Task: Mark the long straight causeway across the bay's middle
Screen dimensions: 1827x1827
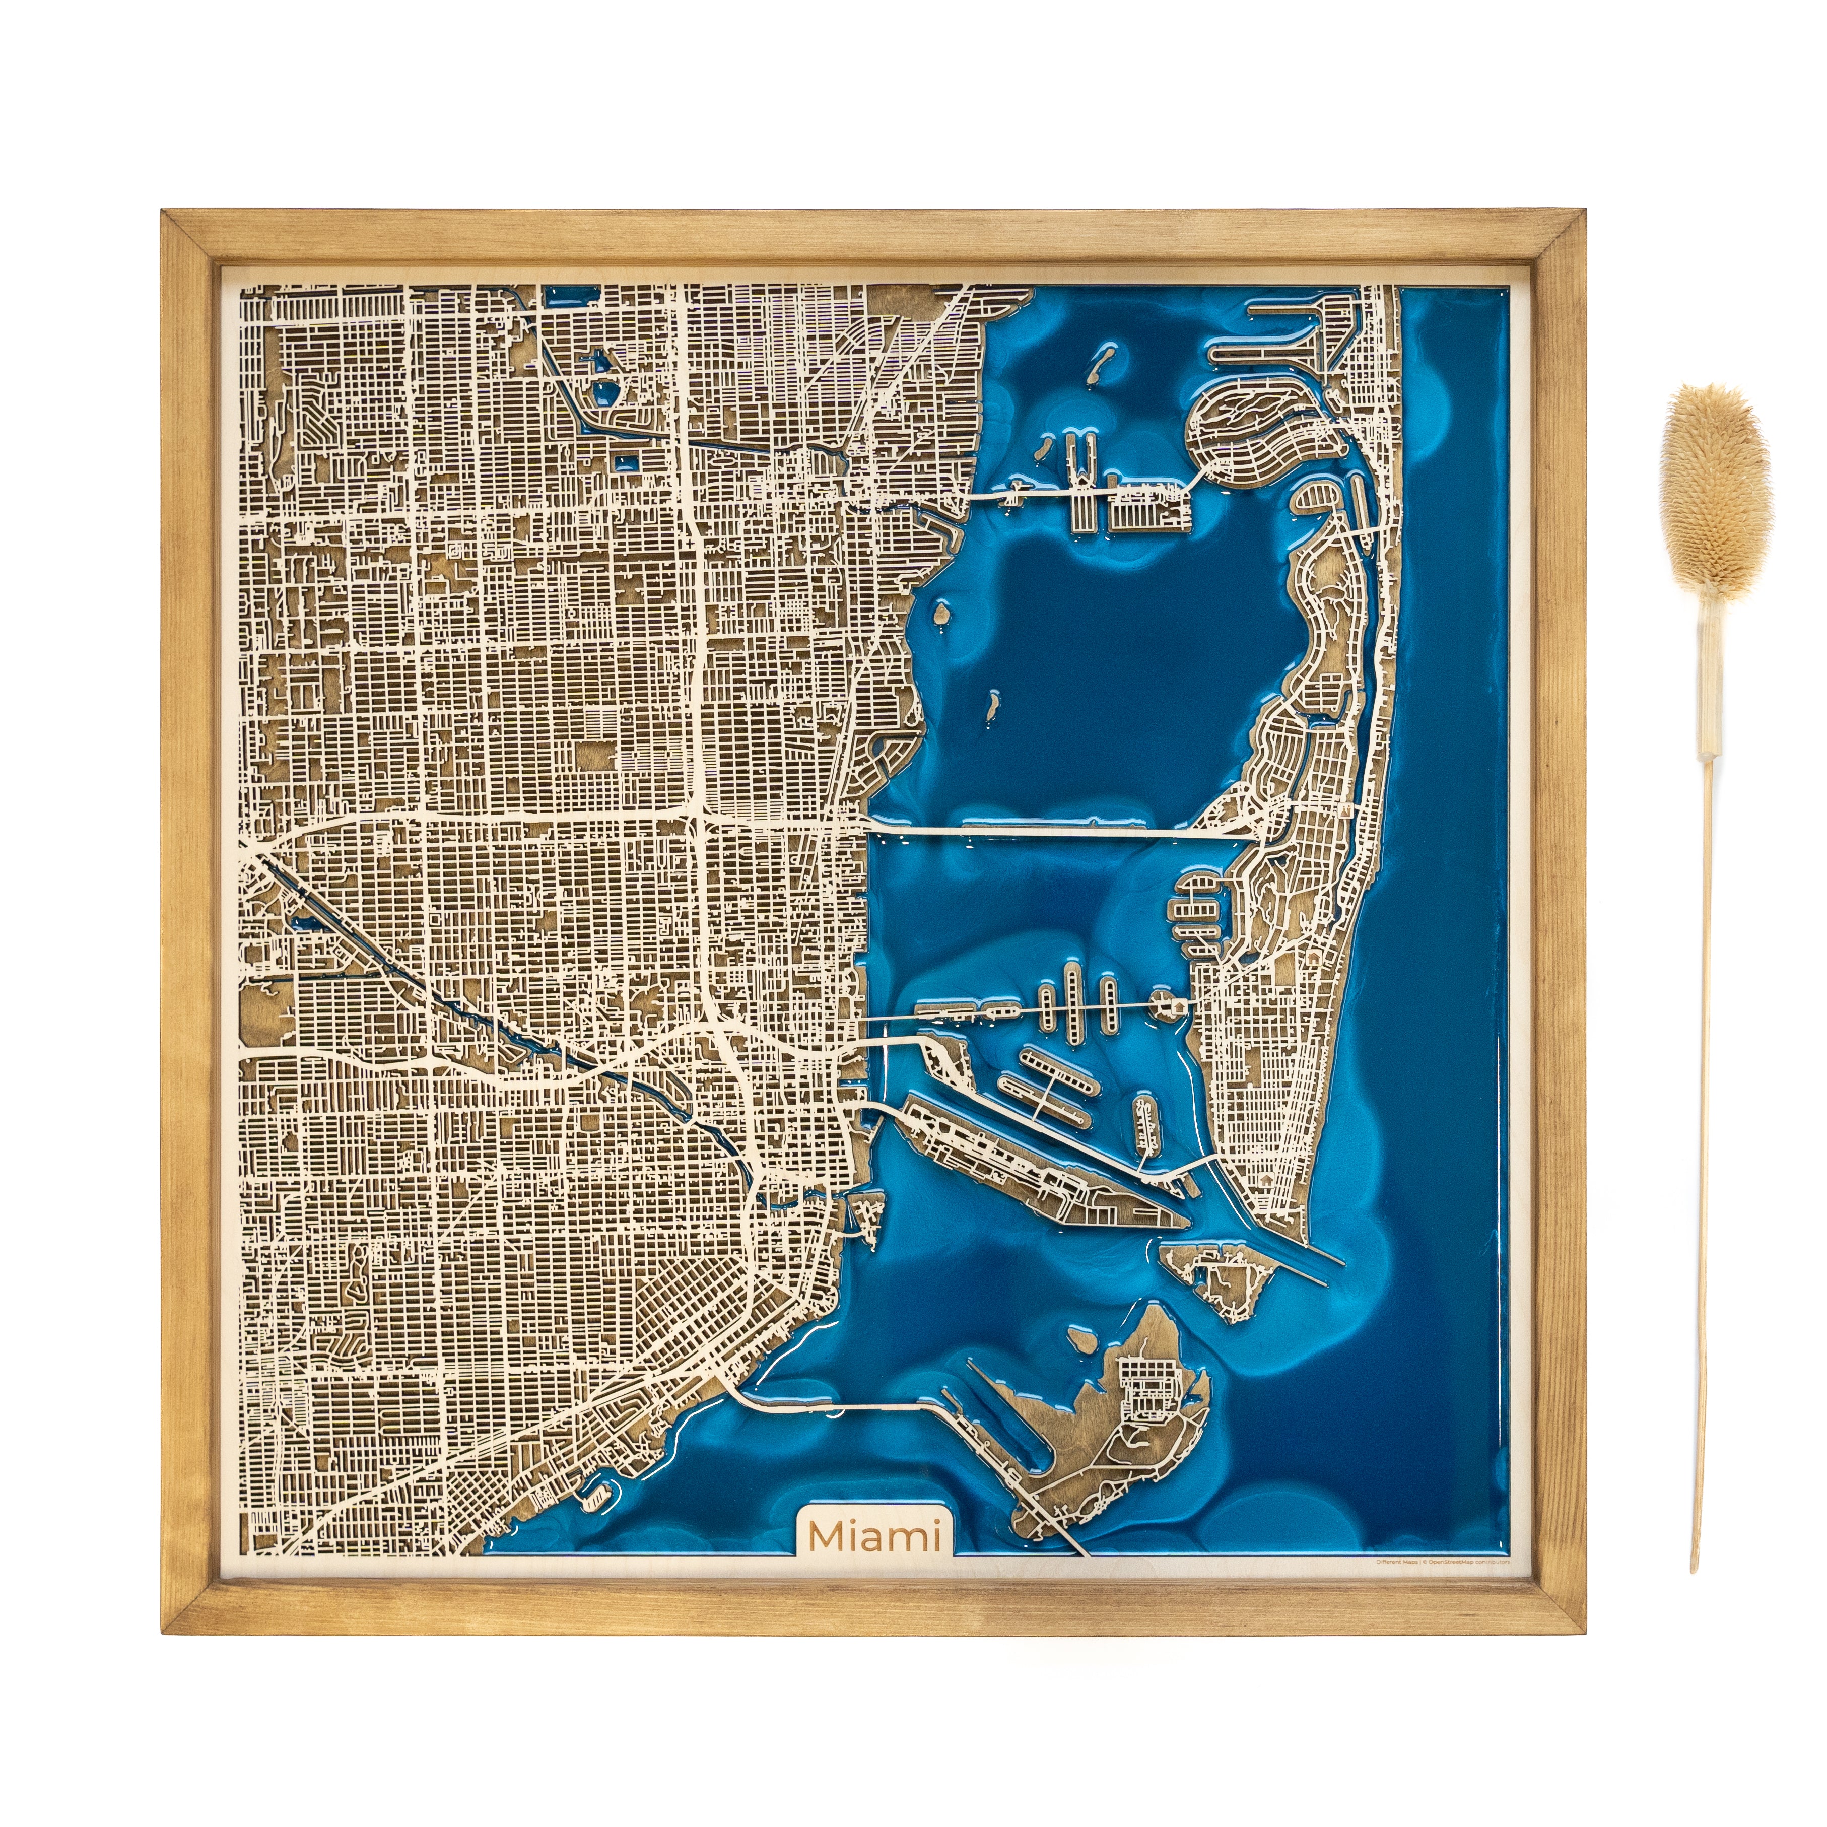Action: tap(1059, 829)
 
